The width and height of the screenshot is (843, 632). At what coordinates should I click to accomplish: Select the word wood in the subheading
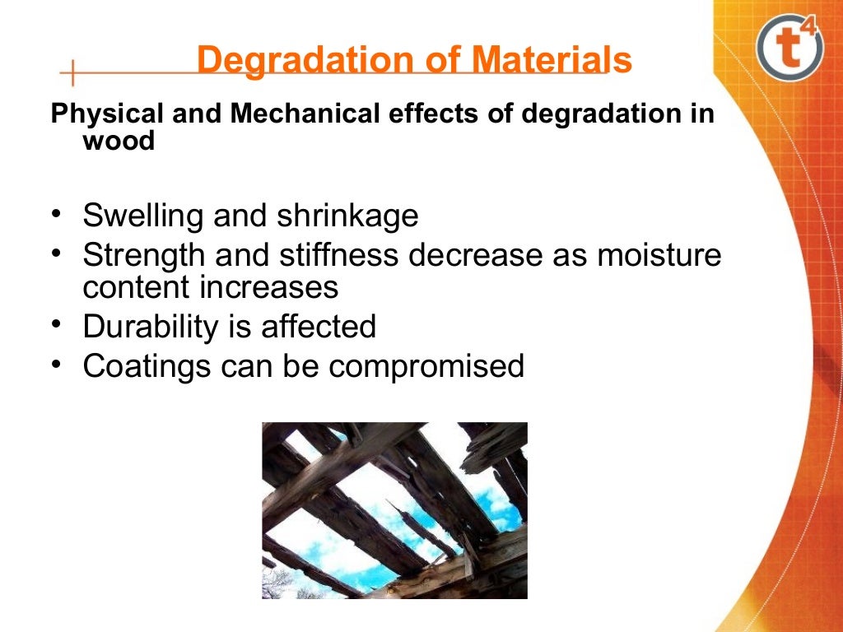pyautogui.click(x=119, y=141)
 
